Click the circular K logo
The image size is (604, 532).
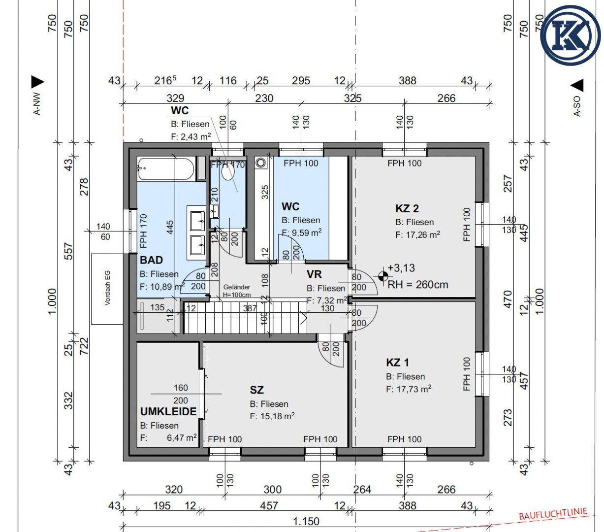[571, 35]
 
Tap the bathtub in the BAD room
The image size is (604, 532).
[166, 169]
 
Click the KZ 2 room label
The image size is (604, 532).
[407, 208]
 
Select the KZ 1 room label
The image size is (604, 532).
[397, 363]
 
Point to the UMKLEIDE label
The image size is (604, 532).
[168, 412]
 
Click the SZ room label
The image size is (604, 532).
[256, 390]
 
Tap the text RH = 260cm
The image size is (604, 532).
[417, 285]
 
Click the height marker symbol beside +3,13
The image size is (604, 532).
[383, 276]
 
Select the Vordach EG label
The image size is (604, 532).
[108, 288]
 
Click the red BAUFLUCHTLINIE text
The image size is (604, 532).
[553, 514]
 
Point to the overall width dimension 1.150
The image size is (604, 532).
[306, 521]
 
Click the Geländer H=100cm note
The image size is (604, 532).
[237, 291]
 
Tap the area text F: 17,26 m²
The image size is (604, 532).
[417, 234]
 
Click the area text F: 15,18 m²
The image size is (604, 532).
[272, 416]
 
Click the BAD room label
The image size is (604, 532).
[151, 260]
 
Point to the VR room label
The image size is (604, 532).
[314, 274]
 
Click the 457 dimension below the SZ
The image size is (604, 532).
[269, 505]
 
